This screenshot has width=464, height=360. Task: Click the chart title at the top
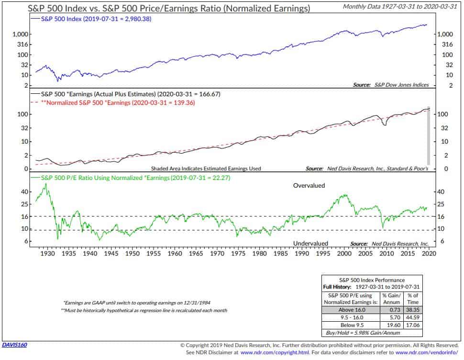pyautogui.click(x=163, y=9)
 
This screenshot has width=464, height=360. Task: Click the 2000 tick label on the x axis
pyautogui.click(x=343, y=253)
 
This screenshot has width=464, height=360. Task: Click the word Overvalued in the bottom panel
pyautogui.click(x=309, y=185)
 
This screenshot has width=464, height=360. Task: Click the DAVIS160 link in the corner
pyautogui.click(x=15, y=345)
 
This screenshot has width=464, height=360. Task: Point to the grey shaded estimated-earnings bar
pyautogui.click(x=429, y=136)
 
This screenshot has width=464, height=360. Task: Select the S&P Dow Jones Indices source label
pyautogui.click(x=399, y=85)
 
